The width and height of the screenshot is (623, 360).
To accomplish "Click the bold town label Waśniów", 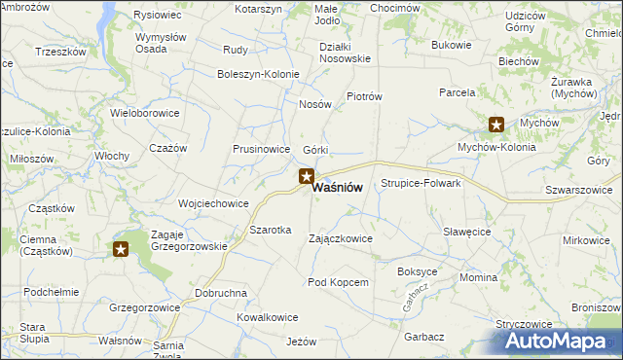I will tap(339, 189).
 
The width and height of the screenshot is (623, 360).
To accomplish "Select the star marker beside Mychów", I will tap(496, 124).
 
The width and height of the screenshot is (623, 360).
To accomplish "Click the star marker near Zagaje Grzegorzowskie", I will tap(121, 249).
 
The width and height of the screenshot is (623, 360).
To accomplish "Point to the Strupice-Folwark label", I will tap(421, 183).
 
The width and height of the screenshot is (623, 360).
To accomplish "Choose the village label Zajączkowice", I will tap(340, 238).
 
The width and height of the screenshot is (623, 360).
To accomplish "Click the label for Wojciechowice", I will tap(213, 204).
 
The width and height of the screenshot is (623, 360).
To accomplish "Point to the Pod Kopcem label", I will tap(338, 282).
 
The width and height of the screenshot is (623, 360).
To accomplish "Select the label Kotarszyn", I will tap(258, 9).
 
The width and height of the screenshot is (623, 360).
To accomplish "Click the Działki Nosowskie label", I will tap(345, 53).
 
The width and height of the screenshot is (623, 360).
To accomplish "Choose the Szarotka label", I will tap(271, 230).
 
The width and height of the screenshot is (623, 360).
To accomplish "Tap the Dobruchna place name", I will tap(221, 293).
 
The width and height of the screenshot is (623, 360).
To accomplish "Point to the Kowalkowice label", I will tap(267, 317).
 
